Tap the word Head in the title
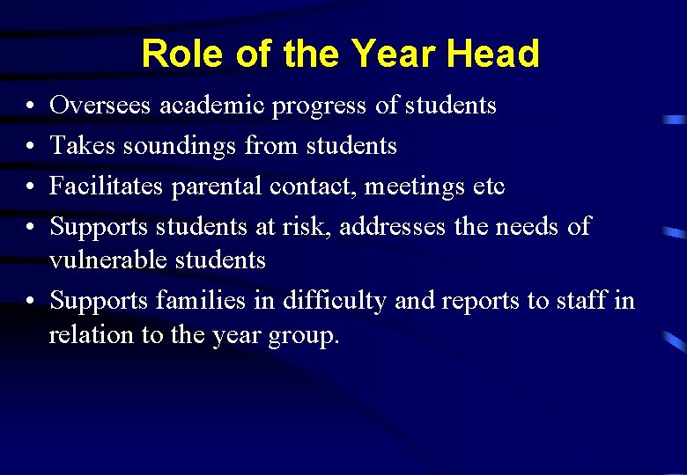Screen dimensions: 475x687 pos(492,55)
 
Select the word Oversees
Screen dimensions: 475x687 pos(100,106)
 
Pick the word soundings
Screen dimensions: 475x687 pos(177,146)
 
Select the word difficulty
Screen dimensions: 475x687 pos(335,301)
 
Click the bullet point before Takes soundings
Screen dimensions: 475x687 pos(30,147)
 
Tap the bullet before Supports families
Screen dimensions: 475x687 pos(30,302)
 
